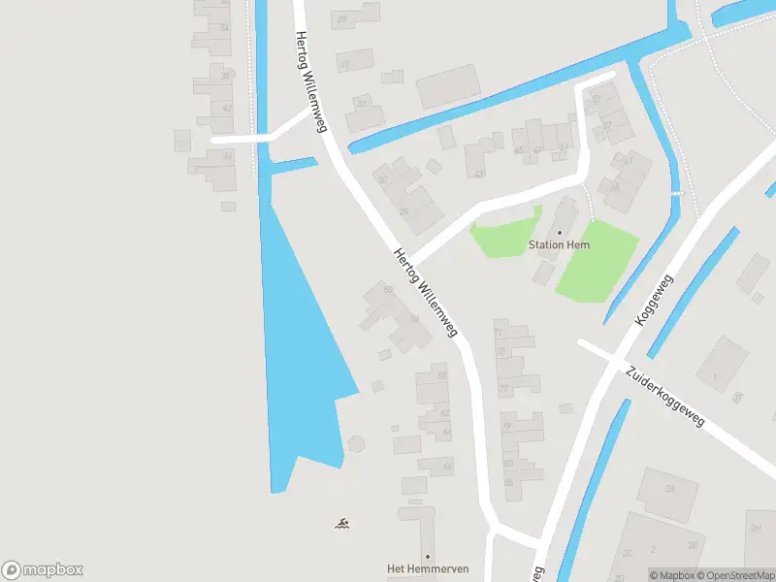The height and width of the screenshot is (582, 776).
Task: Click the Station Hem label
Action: tap(559, 245)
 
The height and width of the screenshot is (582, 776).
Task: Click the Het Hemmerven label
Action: tap(427, 568)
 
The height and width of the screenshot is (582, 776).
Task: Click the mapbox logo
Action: tap(43, 570)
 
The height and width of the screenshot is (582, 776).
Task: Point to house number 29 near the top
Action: tap(342, 19)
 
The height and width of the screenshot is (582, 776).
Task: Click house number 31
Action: tap(344, 65)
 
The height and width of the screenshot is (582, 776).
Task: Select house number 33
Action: tap(363, 103)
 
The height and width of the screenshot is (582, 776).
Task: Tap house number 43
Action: tap(479, 175)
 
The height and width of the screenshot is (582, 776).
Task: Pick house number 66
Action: tap(447, 467)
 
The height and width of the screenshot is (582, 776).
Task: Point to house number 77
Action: tap(503, 389)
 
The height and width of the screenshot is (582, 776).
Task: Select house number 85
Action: tap(509, 482)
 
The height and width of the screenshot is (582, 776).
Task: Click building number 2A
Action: tap(668, 489)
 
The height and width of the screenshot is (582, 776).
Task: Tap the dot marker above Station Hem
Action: tap(559, 232)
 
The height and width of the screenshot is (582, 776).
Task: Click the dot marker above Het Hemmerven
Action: tap(427, 556)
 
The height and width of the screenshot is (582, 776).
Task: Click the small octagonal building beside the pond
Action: tap(356, 443)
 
